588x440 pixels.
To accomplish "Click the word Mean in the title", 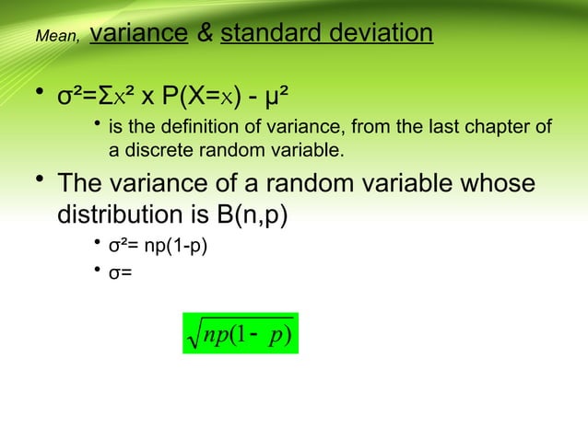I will (48, 37).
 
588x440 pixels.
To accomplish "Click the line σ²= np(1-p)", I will (152, 249).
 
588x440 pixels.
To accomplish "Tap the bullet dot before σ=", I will (98, 270).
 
